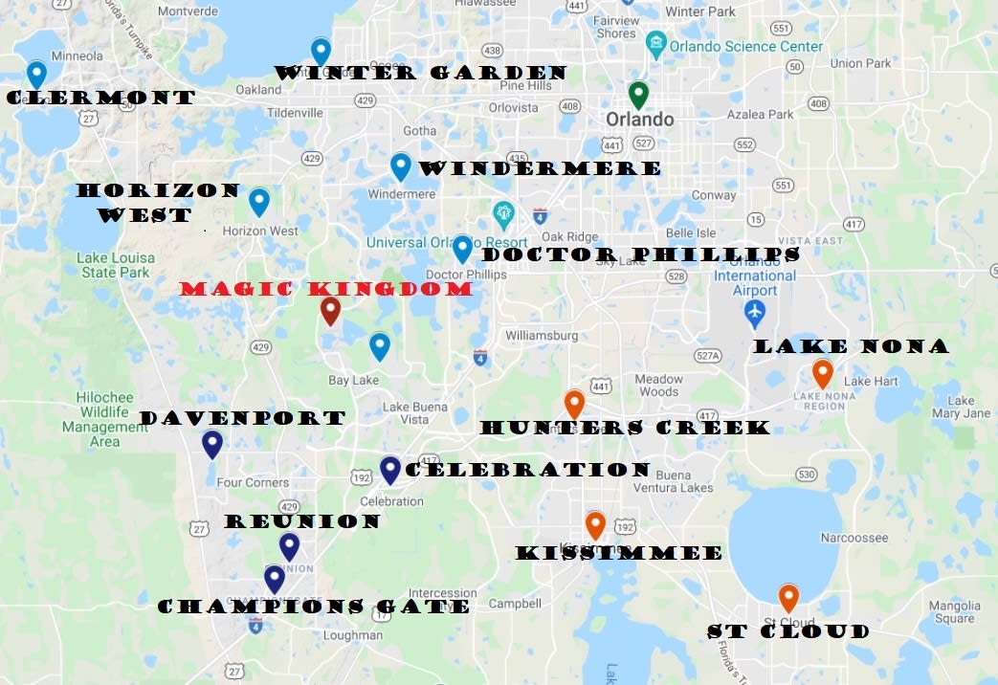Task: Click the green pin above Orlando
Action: pyautogui.click(x=638, y=94)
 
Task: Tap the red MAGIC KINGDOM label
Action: pyautogui.click(x=326, y=289)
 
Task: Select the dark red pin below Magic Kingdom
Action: pyautogui.click(x=330, y=309)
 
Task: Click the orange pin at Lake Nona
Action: pyautogui.click(x=822, y=372)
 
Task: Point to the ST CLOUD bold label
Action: pyautogui.click(x=788, y=631)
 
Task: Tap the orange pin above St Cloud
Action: pyautogui.click(x=788, y=597)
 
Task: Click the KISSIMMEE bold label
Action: pyautogui.click(x=619, y=553)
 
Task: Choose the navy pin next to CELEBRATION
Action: pyautogui.click(x=389, y=469)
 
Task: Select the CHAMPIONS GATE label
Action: pyautogui.click(x=313, y=607)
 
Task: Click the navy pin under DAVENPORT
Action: pyautogui.click(x=212, y=443)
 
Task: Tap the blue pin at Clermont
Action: pyautogui.click(x=36, y=73)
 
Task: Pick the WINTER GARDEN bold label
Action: pyautogui.click(x=421, y=73)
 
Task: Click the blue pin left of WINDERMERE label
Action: pyautogui.click(x=401, y=166)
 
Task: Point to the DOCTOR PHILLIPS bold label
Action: pyautogui.click(x=641, y=254)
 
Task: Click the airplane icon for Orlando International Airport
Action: pyautogui.click(x=755, y=312)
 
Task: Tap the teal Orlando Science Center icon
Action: pyautogui.click(x=655, y=44)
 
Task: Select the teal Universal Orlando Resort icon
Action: pyautogui.click(x=503, y=212)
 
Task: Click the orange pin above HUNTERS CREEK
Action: pyautogui.click(x=574, y=403)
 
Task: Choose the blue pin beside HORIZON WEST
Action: pyautogui.click(x=258, y=201)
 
